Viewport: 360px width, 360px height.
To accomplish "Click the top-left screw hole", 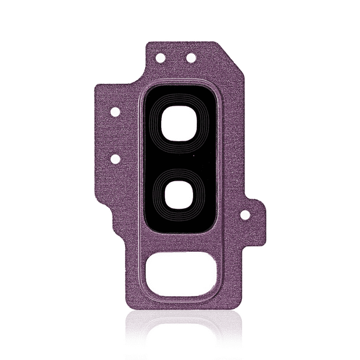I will pyautogui.click(x=160, y=57).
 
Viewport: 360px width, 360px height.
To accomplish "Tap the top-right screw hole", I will pyautogui.click(x=191, y=57).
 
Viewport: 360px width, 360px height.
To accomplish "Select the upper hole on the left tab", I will pyautogui.click(x=115, y=112).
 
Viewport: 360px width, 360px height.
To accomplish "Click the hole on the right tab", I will pyautogui.click(x=245, y=214).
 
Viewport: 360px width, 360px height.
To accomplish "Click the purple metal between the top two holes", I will pyautogui.click(x=176, y=57).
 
